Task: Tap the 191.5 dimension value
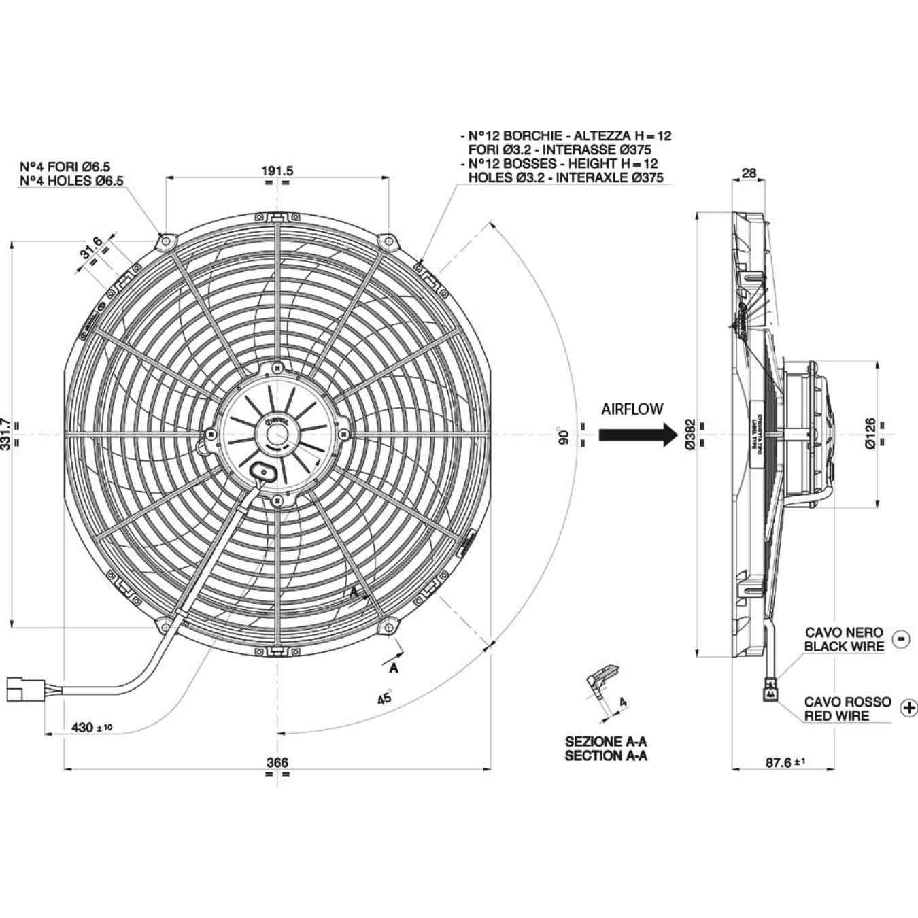tap(277, 171)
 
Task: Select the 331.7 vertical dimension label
tap(6, 435)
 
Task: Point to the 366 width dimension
tap(277, 762)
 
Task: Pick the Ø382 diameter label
tap(689, 435)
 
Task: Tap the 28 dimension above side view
tap(748, 173)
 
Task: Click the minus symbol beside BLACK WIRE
tap(901, 639)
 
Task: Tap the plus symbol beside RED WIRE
tap(908, 708)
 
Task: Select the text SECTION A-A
tap(606, 755)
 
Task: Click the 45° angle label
tap(385, 697)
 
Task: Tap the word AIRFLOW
tap(632, 409)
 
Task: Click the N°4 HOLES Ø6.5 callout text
tap(71, 181)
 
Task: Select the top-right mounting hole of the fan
tap(388, 241)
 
